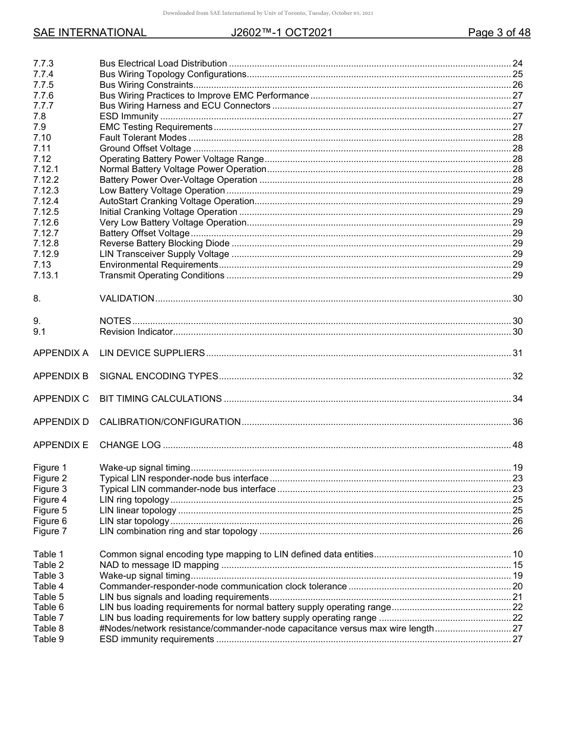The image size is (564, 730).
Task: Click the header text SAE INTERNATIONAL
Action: click(90, 33)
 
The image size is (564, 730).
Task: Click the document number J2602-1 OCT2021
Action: click(281, 33)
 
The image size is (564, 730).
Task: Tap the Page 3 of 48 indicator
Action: click(499, 33)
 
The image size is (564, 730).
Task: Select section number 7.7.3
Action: click(43, 64)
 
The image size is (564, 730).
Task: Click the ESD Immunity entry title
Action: click(129, 116)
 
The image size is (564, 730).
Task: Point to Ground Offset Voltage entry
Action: click(145, 148)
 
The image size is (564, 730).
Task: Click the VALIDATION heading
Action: click(127, 299)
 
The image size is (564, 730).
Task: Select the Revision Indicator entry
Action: click(136, 332)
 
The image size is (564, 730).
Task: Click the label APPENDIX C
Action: click(61, 399)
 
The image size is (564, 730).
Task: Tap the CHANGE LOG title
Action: click(130, 445)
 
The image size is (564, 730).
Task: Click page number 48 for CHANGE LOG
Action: click(517, 445)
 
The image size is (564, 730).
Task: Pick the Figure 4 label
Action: click(50, 500)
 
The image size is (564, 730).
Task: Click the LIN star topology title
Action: click(134, 521)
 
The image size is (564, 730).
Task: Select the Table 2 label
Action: click(48, 565)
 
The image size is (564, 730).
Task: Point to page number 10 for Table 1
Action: click(517, 554)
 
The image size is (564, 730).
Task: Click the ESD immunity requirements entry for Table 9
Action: click(157, 639)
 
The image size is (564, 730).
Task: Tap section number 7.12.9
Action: click(46, 254)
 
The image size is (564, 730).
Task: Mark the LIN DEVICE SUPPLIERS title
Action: click(152, 353)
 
